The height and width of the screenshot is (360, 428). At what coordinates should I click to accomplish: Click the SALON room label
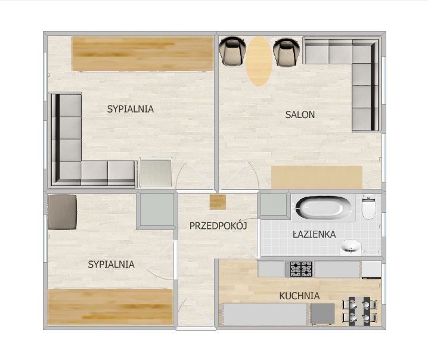click(x=300, y=114)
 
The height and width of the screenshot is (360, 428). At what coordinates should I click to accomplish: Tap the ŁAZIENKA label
click(x=314, y=234)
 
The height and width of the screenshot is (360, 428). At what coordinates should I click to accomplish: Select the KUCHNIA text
click(x=299, y=296)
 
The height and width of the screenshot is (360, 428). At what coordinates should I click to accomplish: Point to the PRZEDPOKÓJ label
click(x=218, y=226)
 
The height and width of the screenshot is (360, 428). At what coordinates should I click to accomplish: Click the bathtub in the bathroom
click(x=324, y=207)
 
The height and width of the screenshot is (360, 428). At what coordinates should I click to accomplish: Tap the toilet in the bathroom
click(x=368, y=207)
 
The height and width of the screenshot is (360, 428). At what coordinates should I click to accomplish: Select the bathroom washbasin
click(x=351, y=247)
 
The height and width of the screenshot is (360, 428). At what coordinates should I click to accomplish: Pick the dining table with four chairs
click(x=360, y=311)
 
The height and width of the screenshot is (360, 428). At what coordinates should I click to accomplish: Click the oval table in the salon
click(x=259, y=61)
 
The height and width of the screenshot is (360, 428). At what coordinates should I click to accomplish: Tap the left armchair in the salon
click(x=232, y=51)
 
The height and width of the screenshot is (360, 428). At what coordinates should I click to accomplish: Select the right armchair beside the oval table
click(x=286, y=52)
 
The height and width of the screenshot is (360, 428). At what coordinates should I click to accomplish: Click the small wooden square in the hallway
click(x=218, y=202)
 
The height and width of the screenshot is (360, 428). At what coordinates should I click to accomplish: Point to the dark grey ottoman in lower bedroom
click(x=62, y=212)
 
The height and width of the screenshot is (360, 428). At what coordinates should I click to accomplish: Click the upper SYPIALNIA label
click(x=130, y=109)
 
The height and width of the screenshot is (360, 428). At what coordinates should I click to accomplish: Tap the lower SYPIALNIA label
click(x=111, y=264)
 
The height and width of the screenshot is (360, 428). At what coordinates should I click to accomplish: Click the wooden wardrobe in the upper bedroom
click(x=142, y=54)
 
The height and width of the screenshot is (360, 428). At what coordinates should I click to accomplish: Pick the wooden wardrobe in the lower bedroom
click(x=110, y=307)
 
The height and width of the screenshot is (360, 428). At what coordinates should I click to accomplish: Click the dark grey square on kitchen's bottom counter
click(x=322, y=314)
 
